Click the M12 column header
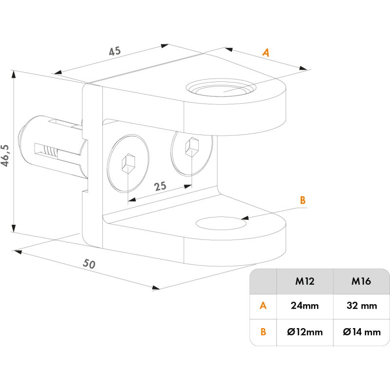pyautogui.click(x=305, y=281)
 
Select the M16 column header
pyautogui.click(x=361, y=281)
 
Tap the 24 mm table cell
pyautogui.click(x=305, y=306)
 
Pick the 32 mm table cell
pyautogui.click(x=361, y=306)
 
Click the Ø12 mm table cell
pyautogui.click(x=305, y=332)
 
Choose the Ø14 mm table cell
pyautogui.click(x=361, y=332)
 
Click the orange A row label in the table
pyautogui.click(x=263, y=306)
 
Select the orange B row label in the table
pyautogui.click(x=263, y=332)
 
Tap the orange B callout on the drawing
pyautogui.click(x=302, y=199)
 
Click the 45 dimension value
pyautogui.click(x=114, y=50)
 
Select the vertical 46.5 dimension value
pyautogui.click(x=6, y=155)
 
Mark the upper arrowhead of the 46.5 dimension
pyautogui.click(x=13, y=75)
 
